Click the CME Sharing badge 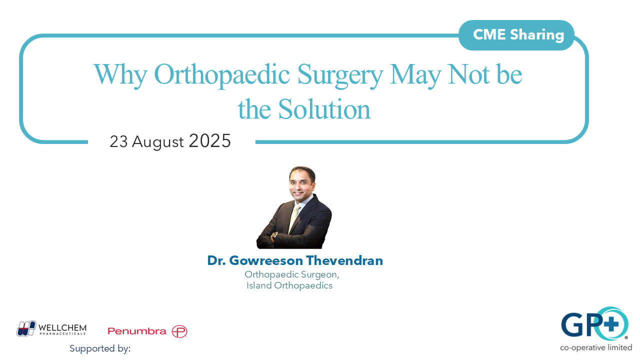(518, 35)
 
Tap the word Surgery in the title (340, 75)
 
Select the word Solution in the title (324, 109)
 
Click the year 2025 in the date (209, 141)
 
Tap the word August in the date (157, 142)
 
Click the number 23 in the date (119, 142)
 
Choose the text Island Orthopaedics (289, 286)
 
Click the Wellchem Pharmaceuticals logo (51, 328)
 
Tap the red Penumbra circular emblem (179, 331)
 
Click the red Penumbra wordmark (137, 331)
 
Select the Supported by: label (100, 348)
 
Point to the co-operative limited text (596, 347)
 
